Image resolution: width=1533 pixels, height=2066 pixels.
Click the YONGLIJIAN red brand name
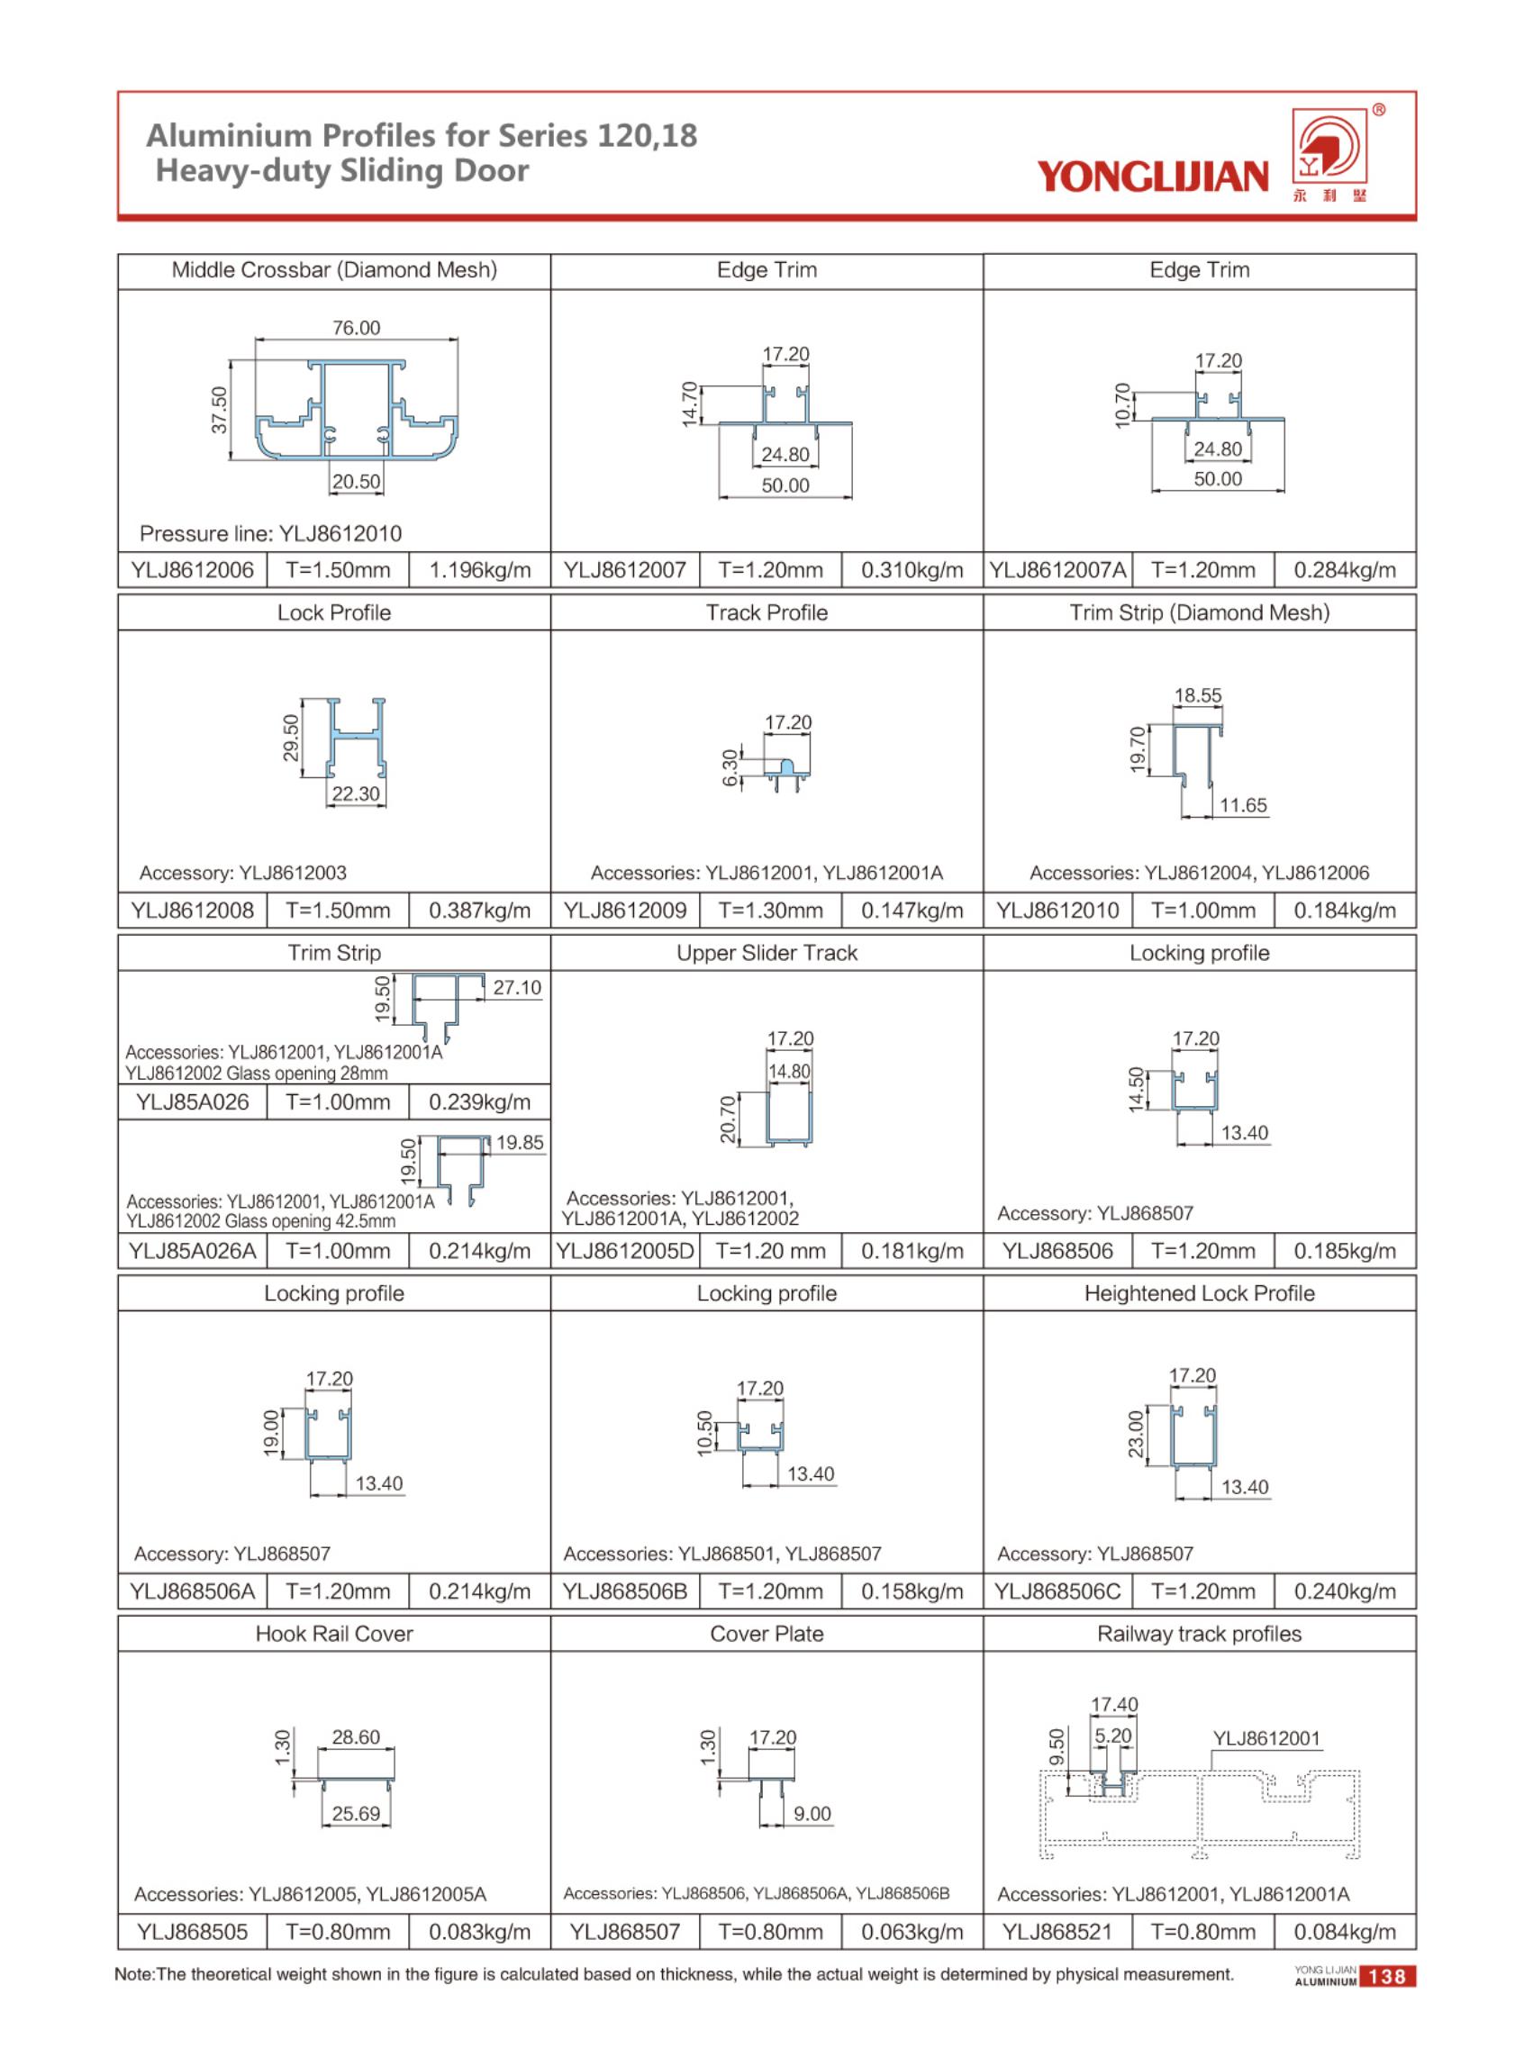click(1153, 176)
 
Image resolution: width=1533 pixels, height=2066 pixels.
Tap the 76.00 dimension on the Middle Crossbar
click(357, 328)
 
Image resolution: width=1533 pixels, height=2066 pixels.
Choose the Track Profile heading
click(766, 612)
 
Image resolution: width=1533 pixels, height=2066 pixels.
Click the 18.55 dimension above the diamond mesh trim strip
click(1198, 695)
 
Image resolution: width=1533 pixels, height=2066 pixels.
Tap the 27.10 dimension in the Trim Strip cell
click(517, 987)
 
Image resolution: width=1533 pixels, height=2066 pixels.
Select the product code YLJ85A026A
click(192, 1251)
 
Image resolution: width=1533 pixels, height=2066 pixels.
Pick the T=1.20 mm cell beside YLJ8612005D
click(771, 1251)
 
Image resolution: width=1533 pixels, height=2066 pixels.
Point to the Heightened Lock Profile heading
click(1199, 1293)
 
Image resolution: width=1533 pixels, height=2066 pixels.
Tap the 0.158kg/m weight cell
click(912, 1591)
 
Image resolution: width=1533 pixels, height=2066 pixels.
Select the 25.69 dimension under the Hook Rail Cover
click(357, 1813)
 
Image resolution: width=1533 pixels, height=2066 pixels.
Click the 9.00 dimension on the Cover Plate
click(812, 1813)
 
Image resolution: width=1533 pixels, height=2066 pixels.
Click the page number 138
click(1386, 1976)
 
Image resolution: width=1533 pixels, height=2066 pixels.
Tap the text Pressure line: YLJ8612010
click(270, 533)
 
